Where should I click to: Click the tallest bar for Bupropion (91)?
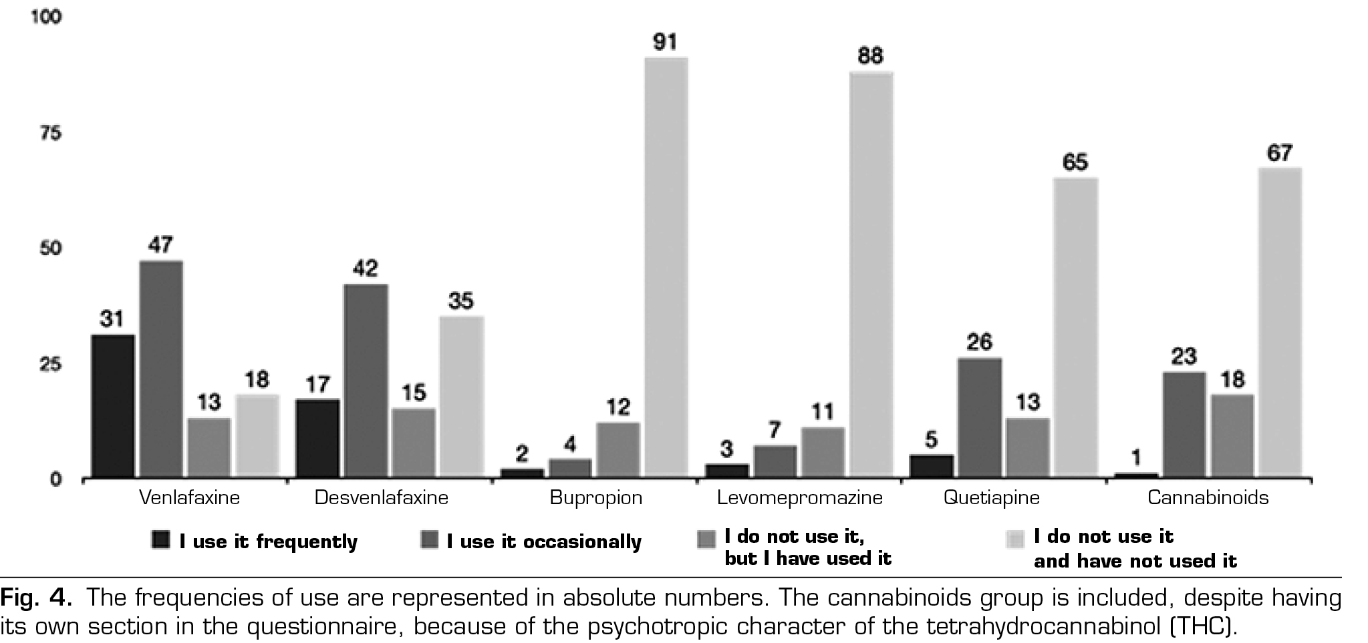pyautogui.click(x=666, y=267)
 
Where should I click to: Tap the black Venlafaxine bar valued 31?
pyautogui.click(x=113, y=406)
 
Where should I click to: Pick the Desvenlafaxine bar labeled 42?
pyautogui.click(x=366, y=381)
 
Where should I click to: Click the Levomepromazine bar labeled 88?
pyautogui.click(x=871, y=274)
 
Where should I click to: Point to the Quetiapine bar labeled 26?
pyautogui.click(x=980, y=417)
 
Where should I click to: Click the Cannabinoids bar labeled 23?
pyautogui.click(x=1184, y=425)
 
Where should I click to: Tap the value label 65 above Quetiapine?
pyautogui.click(x=1075, y=162)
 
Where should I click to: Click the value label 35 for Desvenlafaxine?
pyautogui.click(x=461, y=301)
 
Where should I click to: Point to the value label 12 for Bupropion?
pyautogui.click(x=618, y=407)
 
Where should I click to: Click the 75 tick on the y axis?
pyautogui.click(x=51, y=133)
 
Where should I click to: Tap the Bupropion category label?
pyautogui.click(x=595, y=498)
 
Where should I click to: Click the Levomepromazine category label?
pyautogui.click(x=800, y=498)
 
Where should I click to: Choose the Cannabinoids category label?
pyautogui.click(x=1208, y=498)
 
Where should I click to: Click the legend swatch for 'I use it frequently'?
pyautogui.click(x=161, y=540)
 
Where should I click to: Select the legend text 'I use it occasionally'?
pyautogui.click(x=544, y=542)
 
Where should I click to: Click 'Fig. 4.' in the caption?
pyautogui.click(x=36, y=597)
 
